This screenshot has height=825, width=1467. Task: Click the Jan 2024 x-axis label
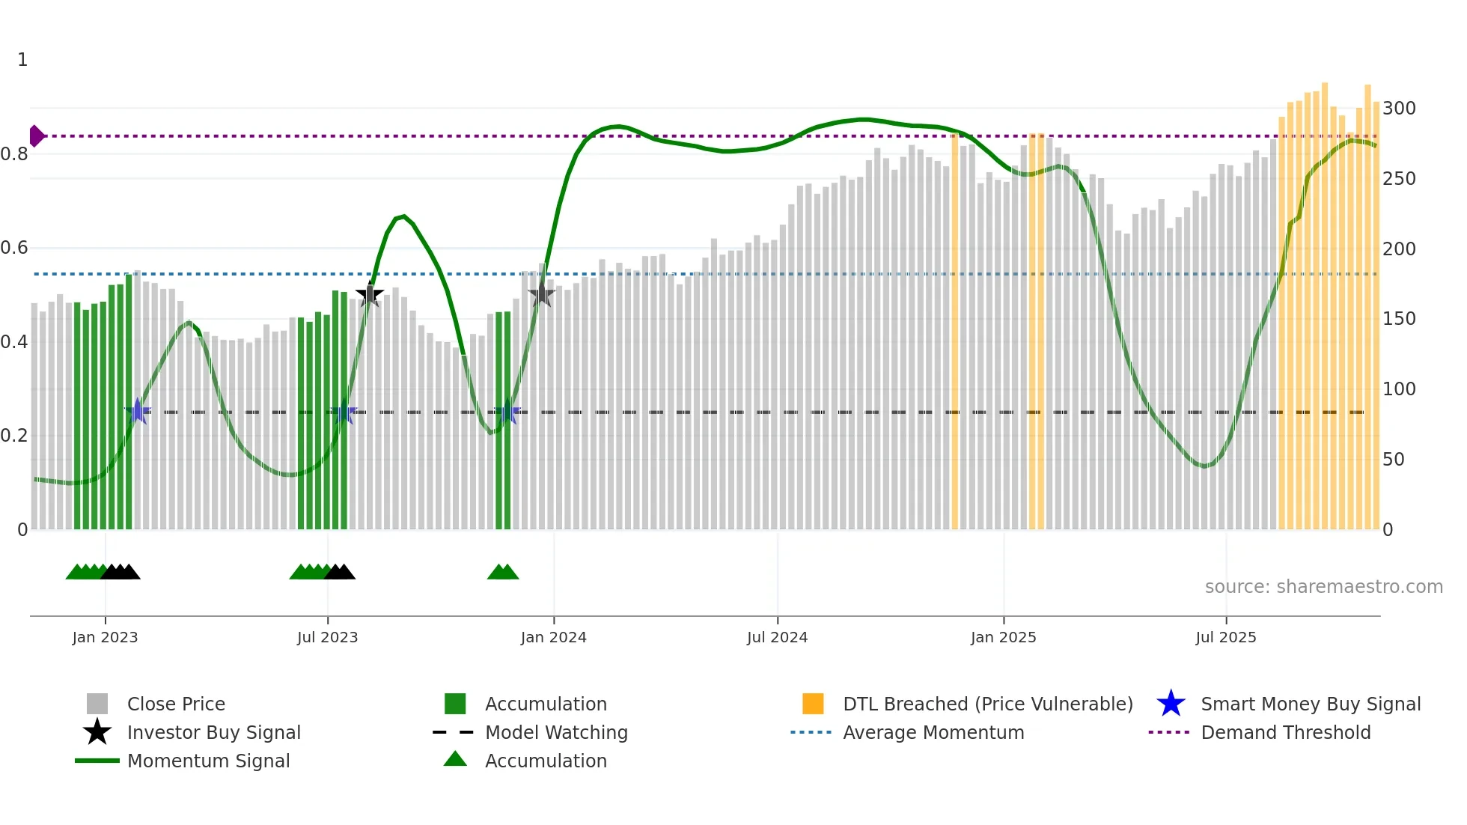[553, 637]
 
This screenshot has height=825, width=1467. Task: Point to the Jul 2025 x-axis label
[1225, 637]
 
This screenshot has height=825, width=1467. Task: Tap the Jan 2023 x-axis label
[105, 637]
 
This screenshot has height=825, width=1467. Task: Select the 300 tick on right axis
[1398, 109]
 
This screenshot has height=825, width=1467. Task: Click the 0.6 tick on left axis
[14, 248]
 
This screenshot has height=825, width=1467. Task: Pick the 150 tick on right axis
[1398, 319]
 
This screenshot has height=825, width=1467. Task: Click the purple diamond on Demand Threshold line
[36, 136]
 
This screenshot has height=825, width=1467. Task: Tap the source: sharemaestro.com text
[1323, 587]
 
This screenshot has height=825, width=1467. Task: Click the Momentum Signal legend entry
[208, 761]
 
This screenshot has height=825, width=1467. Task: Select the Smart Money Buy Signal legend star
[1171, 704]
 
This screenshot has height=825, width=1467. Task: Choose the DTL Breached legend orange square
[813, 704]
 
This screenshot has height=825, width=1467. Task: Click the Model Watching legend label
[556, 732]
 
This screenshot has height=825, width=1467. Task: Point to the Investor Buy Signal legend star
[97, 732]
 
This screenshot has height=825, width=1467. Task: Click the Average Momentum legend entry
[933, 732]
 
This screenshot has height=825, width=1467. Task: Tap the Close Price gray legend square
[97, 704]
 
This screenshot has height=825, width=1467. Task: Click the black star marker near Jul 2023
[369, 294]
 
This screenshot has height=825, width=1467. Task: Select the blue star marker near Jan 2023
[138, 411]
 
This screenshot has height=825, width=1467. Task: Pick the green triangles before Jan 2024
[503, 572]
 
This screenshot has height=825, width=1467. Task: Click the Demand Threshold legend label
[1285, 732]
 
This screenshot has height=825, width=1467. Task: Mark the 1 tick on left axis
[22, 60]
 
